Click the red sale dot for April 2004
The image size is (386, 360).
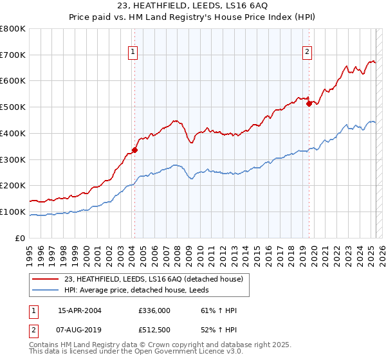135,150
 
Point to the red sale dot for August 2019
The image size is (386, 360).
309,104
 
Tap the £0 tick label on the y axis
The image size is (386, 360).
20,238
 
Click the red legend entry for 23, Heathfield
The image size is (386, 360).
153,279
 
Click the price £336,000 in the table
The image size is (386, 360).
154,310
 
